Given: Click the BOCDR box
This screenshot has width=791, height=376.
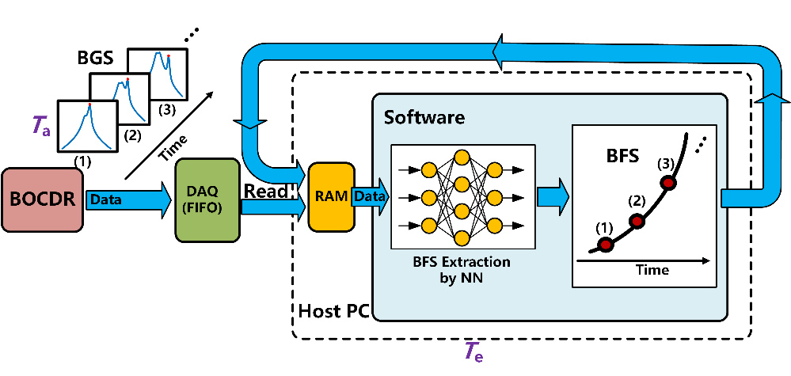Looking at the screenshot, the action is [42, 200].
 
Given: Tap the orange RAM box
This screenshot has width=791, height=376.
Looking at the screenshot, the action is [330, 198].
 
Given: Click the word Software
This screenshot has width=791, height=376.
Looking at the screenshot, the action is [424, 118].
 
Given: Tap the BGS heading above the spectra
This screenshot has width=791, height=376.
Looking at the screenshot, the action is [95, 59].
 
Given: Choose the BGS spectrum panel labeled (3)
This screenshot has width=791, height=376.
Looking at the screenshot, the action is [158, 74].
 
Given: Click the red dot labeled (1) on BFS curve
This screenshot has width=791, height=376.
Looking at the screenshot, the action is [606, 245].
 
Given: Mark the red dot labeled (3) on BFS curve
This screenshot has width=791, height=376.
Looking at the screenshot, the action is [669, 183].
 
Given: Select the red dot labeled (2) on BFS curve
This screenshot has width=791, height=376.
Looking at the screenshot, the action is [637, 220].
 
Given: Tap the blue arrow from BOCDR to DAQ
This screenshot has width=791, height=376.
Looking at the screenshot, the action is [130, 200].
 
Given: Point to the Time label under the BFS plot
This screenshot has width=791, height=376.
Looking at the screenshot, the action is [652, 270].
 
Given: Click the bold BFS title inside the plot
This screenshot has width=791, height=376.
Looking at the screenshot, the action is [622, 155].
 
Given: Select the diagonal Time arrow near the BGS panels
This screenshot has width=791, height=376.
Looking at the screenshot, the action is [169, 135].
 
